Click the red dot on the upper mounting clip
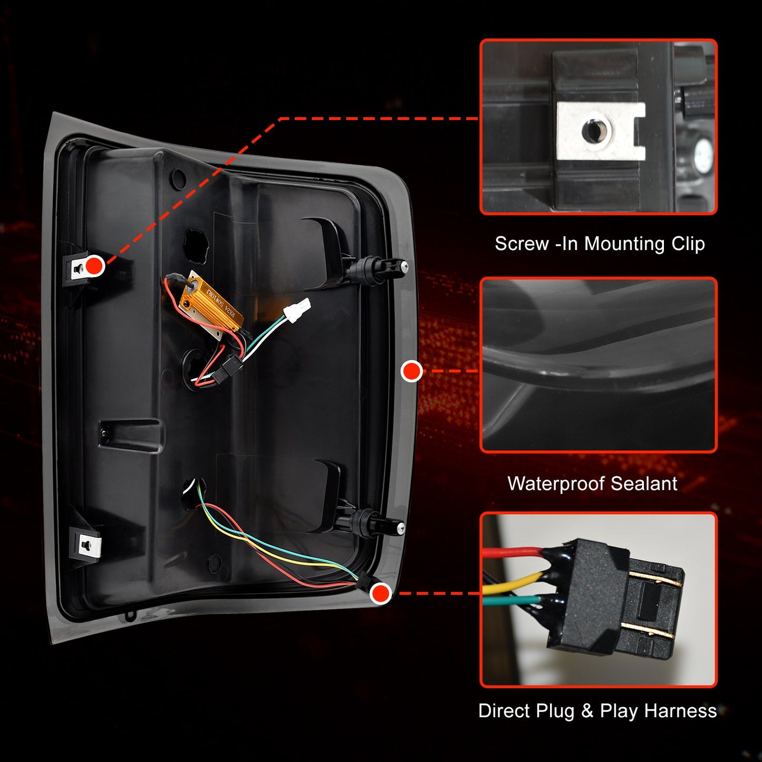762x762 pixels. [x=95, y=265]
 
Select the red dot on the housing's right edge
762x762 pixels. [x=411, y=371]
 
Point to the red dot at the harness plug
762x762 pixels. [x=380, y=593]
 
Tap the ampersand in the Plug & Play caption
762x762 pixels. [x=587, y=711]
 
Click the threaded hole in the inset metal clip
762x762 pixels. [x=597, y=130]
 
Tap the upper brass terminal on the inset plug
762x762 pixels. [x=654, y=579]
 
